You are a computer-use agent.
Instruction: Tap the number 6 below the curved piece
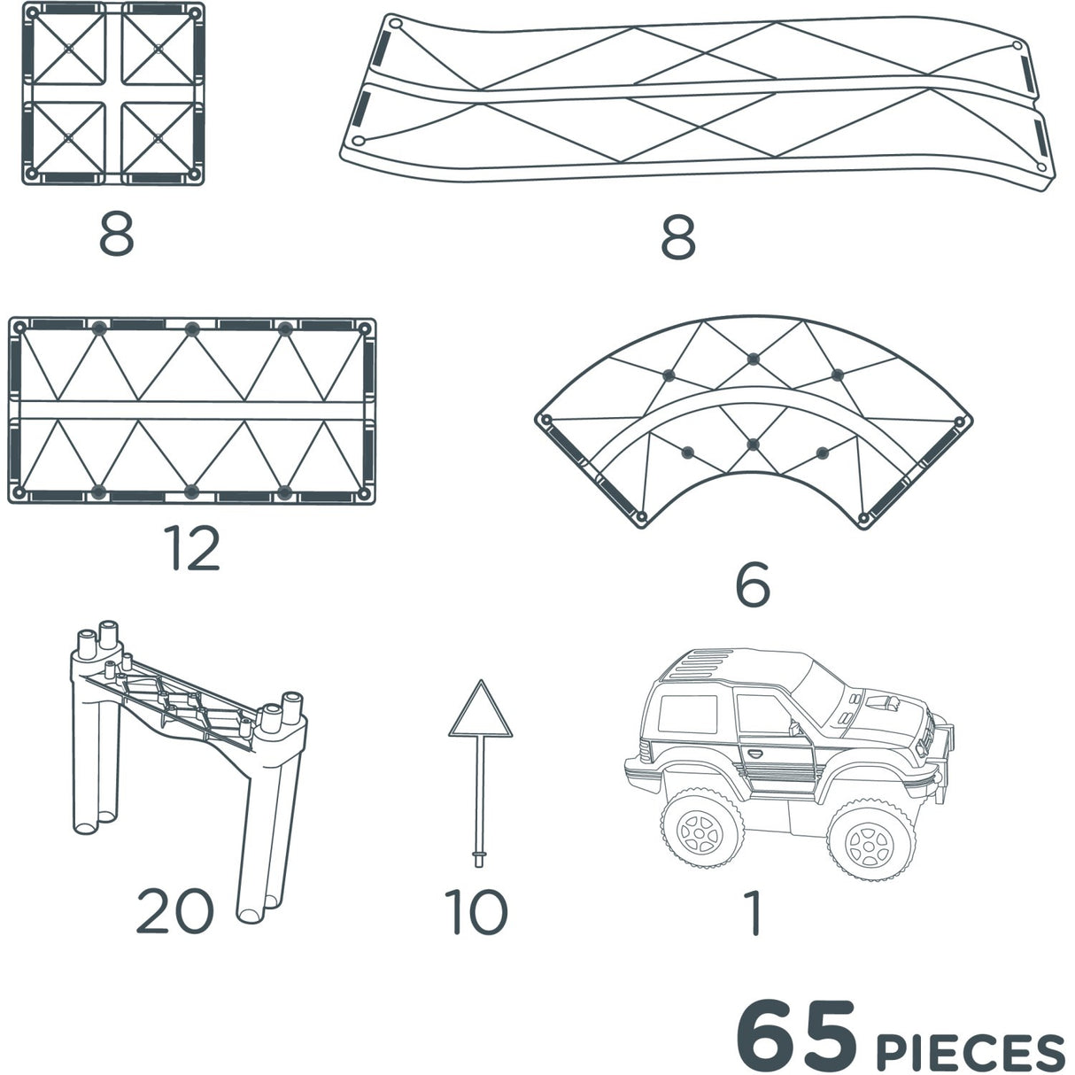pos(752,585)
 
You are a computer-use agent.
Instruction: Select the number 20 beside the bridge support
pos(174,911)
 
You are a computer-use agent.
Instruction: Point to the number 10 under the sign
pos(476,912)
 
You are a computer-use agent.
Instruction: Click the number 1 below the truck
pos(753,913)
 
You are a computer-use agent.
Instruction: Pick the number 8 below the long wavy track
pos(678,236)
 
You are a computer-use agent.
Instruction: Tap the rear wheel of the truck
pos(700,829)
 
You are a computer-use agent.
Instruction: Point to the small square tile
pos(112,94)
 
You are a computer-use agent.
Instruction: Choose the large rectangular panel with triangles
pos(192,411)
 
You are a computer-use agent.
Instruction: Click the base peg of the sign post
pos(480,856)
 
